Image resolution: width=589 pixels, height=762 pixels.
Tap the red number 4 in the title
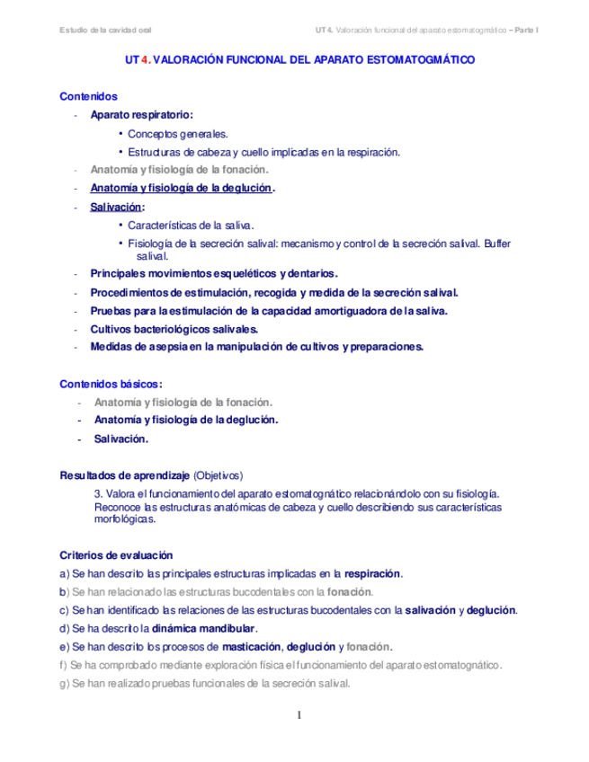[145, 62]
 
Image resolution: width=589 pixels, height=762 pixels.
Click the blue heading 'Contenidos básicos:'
[111, 384]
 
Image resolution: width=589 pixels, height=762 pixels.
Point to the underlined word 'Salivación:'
[111, 208]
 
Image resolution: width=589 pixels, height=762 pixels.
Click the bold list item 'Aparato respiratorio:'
[141, 115]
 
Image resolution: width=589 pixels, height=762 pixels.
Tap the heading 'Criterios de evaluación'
[116, 555]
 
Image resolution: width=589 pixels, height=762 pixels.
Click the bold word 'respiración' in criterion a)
[373, 573]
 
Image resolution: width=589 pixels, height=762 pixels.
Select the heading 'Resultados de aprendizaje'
[124, 475]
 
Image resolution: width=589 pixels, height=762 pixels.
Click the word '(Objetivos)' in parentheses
[219, 475]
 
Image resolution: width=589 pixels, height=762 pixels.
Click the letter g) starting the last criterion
[63, 683]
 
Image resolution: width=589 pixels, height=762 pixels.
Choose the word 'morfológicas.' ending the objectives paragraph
[125, 519]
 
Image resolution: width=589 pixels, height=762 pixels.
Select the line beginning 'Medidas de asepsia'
[256, 347]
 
